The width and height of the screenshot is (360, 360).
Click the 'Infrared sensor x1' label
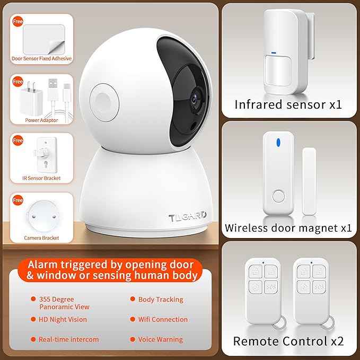[288, 104]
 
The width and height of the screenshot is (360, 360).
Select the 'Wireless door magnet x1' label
[288, 228]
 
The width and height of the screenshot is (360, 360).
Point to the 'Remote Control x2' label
[288, 341]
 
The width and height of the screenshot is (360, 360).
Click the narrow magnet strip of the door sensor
[309, 181]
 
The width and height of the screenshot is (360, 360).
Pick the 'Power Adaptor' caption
[41, 120]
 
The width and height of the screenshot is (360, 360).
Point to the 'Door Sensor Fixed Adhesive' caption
[41, 58]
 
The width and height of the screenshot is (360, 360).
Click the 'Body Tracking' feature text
[161, 300]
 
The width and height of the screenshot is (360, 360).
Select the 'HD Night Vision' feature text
[63, 320]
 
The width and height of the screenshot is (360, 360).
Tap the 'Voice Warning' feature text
[160, 339]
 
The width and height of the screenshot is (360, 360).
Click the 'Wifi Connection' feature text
[163, 320]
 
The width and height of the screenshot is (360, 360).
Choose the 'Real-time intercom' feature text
[68, 339]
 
